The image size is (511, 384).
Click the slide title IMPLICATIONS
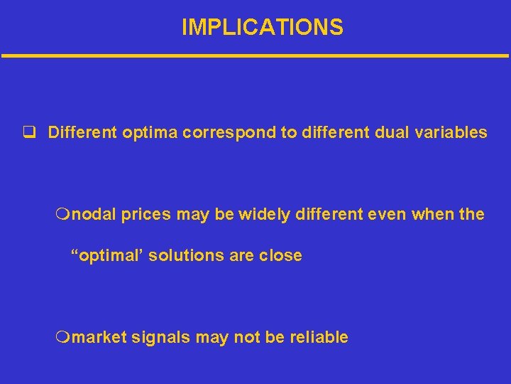point(262,28)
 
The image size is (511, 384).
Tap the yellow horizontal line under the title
point(255,55)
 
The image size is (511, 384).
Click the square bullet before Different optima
point(29,133)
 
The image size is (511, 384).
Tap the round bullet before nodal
point(63,215)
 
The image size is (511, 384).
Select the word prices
point(145,214)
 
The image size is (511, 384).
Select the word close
point(280,255)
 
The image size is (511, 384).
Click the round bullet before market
point(63,338)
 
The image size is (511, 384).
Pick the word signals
point(160,338)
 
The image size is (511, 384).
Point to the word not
point(246,338)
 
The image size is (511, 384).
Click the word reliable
point(319,338)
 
